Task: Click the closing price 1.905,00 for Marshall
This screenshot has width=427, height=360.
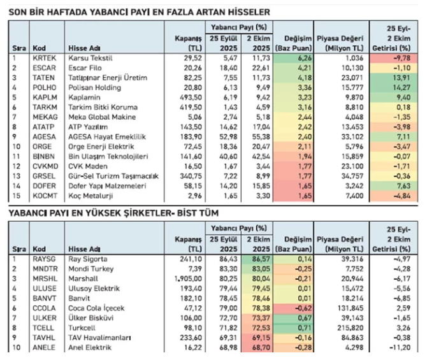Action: pyautogui.click(x=185, y=278)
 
